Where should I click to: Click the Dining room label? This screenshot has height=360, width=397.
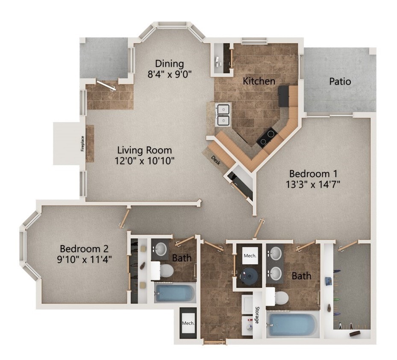tap(170, 64)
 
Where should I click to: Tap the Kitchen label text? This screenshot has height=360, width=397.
tap(259, 81)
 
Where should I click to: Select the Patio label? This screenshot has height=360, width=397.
tap(340, 81)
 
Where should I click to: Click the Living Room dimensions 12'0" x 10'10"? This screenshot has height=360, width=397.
tap(144, 161)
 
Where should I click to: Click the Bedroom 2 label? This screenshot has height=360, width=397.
tap(84, 249)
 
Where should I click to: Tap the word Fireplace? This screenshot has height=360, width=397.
tap(82, 143)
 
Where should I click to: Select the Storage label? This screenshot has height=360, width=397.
tap(257, 315)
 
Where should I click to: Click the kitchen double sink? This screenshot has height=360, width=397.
tap(223, 114)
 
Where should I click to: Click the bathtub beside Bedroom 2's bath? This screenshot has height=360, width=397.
tap(175, 293)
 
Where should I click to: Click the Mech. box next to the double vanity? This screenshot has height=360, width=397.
tap(250, 256)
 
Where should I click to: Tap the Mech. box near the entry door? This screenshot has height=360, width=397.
tap(188, 323)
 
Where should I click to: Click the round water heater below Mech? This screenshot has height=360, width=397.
tap(248, 276)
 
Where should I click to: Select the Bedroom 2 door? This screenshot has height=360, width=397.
tap(124, 218)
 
